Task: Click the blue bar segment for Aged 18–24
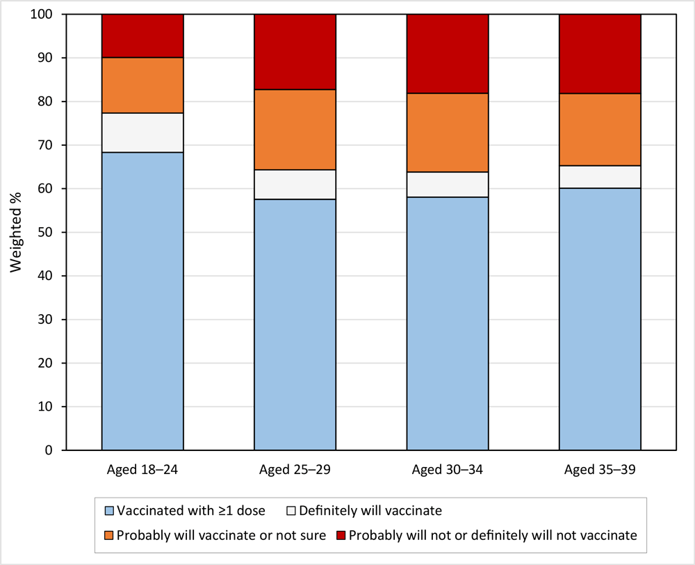(142, 301)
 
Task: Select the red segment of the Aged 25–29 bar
(295, 52)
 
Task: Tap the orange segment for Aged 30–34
(447, 132)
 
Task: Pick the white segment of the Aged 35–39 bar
(600, 177)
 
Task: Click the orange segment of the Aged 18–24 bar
(142, 85)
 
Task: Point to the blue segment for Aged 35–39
(600, 319)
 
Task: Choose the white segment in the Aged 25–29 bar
(295, 184)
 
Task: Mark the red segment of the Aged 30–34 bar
(447, 54)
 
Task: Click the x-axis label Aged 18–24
(142, 469)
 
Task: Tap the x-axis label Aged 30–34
(447, 469)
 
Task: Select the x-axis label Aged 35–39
(600, 469)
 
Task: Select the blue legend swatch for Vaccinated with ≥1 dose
(108, 511)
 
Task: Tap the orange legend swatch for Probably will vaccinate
(108, 535)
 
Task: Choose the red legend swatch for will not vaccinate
(341, 535)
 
